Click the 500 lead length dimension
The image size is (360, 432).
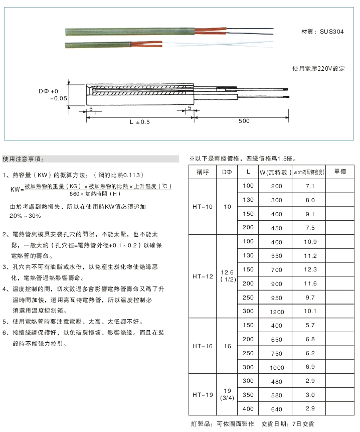(x=244, y=121)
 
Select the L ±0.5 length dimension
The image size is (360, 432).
(x=139, y=122)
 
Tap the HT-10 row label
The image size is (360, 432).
(x=203, y=207)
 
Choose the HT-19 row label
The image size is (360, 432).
(x=203, y=394)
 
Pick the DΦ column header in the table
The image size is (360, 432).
(x=227, y=172)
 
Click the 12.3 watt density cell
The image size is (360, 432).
(x=310, y=269)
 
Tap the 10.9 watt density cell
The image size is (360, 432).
(x=310, y=242)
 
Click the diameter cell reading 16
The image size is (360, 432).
(x=227, y=346)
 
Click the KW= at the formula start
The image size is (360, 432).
(x=17, y=190)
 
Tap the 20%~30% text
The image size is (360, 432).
(x=25, y=216)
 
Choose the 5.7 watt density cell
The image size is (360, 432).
(x=310, y=325)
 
